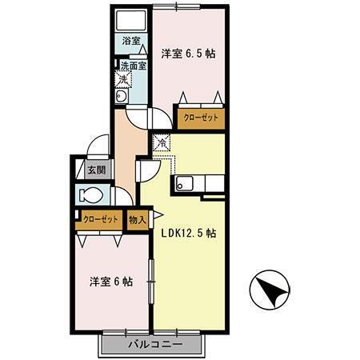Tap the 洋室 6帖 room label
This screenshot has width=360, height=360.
110,282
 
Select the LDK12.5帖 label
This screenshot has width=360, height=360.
189,234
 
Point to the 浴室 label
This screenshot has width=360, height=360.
130,40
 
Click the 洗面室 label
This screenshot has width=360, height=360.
133,66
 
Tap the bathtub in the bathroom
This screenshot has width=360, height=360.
130,21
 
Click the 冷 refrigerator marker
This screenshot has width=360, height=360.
161,143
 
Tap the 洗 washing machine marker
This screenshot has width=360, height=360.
124,79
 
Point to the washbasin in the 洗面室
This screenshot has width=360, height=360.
121,97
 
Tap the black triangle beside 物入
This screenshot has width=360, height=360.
157,214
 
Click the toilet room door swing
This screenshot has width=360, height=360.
122,196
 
